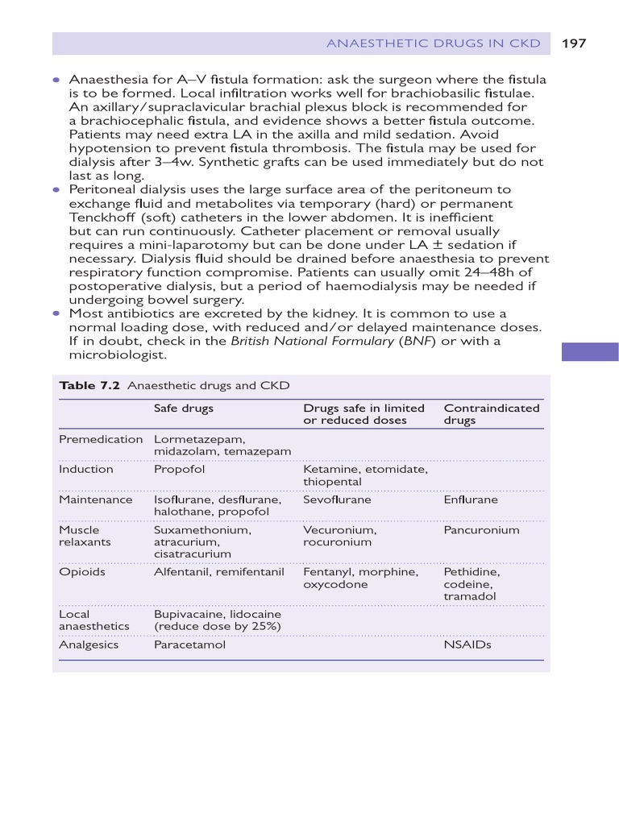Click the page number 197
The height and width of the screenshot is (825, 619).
pos(573,44)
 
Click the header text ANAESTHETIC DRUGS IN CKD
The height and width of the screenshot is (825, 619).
pos(433,44)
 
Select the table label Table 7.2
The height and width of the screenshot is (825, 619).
pos(89,386)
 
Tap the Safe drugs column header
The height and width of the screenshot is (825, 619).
pos(183,408)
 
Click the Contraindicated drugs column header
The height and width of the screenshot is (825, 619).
pos(492,414)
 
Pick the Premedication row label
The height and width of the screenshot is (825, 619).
pos(101,440)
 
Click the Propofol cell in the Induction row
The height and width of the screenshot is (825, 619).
pos(179,470)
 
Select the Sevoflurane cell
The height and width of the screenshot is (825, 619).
pos(337,500)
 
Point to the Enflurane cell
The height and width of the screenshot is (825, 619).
pos(471,500)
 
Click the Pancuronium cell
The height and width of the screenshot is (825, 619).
pos(481,531)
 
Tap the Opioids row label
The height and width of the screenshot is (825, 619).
pos(82,573)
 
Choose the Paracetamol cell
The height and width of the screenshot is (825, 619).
pos(189,645)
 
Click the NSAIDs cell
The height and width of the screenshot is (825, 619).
pos(467,645)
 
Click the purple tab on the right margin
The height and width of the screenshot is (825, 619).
pos(590,352)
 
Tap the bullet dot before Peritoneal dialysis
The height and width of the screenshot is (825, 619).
pos(56,190)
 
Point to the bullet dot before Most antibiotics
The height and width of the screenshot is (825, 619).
pos(56,313)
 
